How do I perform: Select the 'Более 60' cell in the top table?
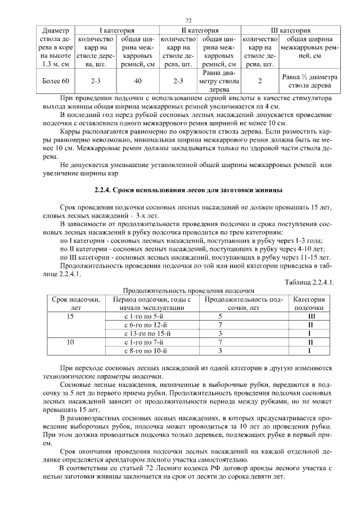pyautogui.click(x=55, y=81)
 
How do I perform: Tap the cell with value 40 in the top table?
pyautogui.click(x=138, y=81)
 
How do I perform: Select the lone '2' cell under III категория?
pyautogui.click(x=260, y=81)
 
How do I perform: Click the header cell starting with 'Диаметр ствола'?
pyautogui.click(x=55, y=47)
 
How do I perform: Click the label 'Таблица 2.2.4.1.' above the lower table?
pyautogui.click(x=309, y=282)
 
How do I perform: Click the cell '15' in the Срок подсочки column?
pyautogui.click(x=71, y=317)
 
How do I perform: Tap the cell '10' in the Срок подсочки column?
pyautogui.click(x=71, y=342)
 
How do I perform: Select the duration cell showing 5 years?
pyautogui.click(x=220, y=317)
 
